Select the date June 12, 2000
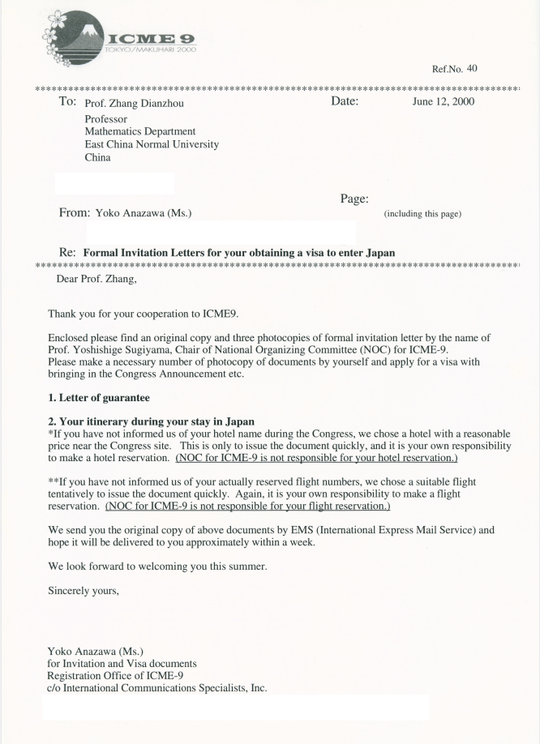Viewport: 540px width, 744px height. (444, 102)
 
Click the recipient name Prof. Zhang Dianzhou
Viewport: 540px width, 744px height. (139, 103)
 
